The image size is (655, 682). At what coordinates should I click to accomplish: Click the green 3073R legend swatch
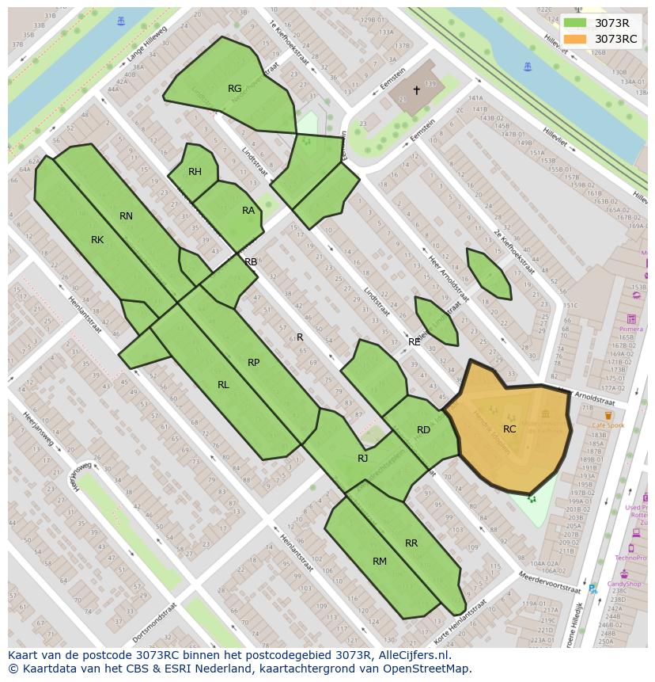pyautogui.click(x=575, y=23)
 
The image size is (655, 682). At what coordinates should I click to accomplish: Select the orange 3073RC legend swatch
pyautogui.click(x=575, y=39)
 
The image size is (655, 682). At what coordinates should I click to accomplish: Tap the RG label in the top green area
pyautogui.click(x=234, y=89)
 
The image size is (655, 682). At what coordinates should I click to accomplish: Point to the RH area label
pyautogui.click(x=195, y=172)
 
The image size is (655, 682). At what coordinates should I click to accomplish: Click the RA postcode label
pyautogui.click(x=248, y=211)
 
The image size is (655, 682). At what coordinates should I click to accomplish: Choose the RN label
pyautogui.click(x=126, y=216)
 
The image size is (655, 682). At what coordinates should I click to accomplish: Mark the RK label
pyautogui.click(x=97, y=240)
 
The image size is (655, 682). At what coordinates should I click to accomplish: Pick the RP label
pyautogui.click(x=253, y=363)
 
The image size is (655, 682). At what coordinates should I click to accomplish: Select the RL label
pyautogui.click(x=223, y=385)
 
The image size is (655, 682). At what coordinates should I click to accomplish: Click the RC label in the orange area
pyautogui.click(x=509, y=429)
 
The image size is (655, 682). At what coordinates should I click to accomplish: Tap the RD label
pyautogui.click(x=423, y=430)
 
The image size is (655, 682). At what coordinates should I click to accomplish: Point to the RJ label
pyautogui.click(x=362, y=459)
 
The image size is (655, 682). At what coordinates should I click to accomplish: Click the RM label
pyautogui.click(x=380, y=562)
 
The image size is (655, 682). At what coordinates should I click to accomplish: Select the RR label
pyautogui.click(x=411, y=543)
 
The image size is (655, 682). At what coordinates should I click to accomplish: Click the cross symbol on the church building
pyautogui.click(x=417, y=90)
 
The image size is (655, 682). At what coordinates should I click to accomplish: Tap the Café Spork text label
pyautogui.click(x=608, y=425)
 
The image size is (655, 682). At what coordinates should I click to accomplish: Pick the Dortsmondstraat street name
pyautogui.click(x=156, y=622)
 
